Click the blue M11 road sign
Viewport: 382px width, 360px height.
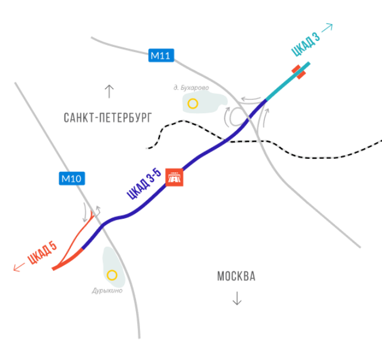[x=161, y=55]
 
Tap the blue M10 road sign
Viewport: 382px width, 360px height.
[x=72, y=178]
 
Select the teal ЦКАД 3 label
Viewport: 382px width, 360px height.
[x=306, y=44]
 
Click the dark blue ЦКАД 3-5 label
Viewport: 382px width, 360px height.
[x=144, y=184]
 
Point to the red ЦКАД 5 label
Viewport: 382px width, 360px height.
[x=42, y=253]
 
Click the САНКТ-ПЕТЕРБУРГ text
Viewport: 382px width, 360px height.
[x=108, y=118]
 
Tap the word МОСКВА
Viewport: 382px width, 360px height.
[x=236, y=276]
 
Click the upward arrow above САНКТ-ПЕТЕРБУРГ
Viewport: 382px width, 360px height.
[x=109, y=91]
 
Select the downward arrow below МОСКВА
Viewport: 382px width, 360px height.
[x=237, y=298]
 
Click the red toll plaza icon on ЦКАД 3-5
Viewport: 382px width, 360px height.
[x=174, y=177]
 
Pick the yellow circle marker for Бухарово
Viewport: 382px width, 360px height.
[x=193, y=104]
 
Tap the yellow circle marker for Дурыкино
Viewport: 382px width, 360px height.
[x=112, y=275]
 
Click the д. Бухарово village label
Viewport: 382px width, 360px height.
[x=191, y=88]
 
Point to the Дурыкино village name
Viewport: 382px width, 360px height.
[x=107, y=291]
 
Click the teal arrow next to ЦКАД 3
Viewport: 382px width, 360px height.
[x=327, y=28]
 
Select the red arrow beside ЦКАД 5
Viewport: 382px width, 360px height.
[x=19, y=267]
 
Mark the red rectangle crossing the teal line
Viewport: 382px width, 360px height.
[x=299, y=72]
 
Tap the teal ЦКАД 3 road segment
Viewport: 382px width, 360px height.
[x=288, y=81]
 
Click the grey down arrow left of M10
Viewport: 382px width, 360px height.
[x=85, y=212]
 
